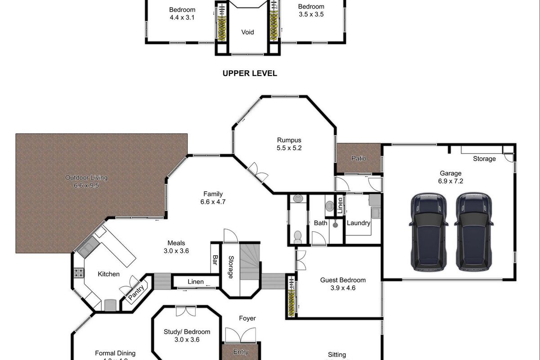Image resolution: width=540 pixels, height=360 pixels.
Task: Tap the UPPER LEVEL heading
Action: click(250, 73)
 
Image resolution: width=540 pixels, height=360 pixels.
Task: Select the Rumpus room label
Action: click(289, 140)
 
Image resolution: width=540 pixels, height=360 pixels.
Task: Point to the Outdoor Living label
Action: click(86, 177)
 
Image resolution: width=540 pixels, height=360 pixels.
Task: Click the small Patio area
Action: click(359, 158)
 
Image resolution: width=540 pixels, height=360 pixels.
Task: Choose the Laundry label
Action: click(359, 223)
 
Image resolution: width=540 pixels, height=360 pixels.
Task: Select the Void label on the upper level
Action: click(247, 32)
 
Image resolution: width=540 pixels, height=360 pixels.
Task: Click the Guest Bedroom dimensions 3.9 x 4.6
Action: click(343, 288)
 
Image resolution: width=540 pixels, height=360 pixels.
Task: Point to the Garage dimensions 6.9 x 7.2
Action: click(450, 181)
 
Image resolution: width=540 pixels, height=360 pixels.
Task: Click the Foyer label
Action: click(247, 318)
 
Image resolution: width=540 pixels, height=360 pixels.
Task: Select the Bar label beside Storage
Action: click(215, 261)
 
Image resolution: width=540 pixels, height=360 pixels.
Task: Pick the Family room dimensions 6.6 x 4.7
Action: click(213, 202)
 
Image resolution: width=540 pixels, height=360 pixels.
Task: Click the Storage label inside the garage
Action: click(484, 159)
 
